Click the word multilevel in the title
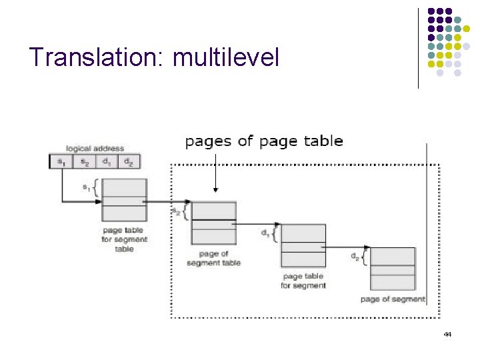coord(225,57)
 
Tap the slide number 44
coord(447,334)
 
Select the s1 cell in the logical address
coord(61,161)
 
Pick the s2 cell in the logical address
coord(83,161)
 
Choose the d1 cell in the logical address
coord(106,161)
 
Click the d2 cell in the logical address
coord(129,161)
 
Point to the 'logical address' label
coord(95,148)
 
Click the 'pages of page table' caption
coord(264,141)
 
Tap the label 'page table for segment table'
coord(124,239)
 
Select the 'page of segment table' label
coord(213,258)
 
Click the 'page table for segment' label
coord(303,281)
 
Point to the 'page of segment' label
coord(392,299)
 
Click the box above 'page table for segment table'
coord(124,200)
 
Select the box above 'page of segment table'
coord(213,223)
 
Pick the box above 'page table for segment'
coord(303,245)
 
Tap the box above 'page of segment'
coord(393,269)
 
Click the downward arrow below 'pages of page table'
coord(215,173)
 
